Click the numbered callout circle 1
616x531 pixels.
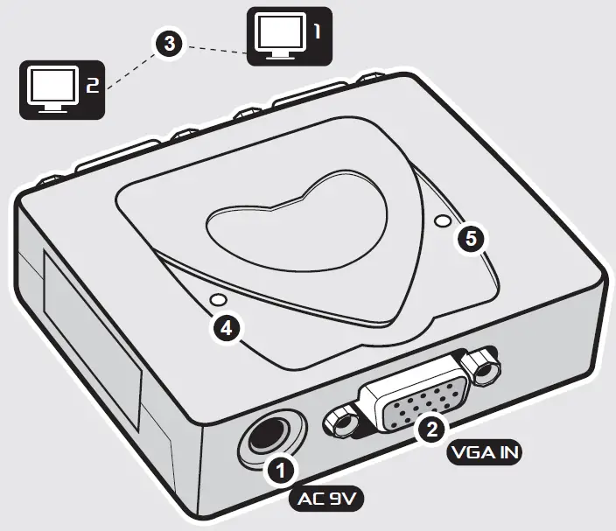pos(281,472)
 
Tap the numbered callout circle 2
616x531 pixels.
pos(430,428)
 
